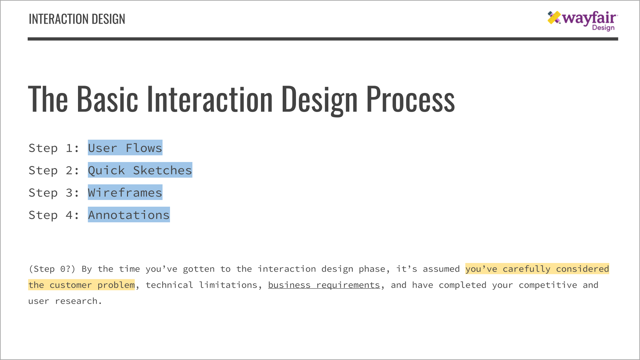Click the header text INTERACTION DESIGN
[77, 19]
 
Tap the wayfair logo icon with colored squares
[554, 18]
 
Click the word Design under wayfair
[603, 28]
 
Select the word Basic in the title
[107, 99]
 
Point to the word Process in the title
[410, 99]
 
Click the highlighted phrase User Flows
[125, 148]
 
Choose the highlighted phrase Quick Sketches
[140, 170]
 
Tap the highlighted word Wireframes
[125, 192]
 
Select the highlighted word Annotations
[129, 215]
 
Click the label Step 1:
[54, 148]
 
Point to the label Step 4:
[54, 215]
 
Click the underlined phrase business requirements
[324, 285]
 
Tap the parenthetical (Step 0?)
[52, 269]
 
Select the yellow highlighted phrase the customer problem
[81, 285]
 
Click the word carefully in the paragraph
[526, 269]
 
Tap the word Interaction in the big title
[210, 99]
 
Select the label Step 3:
[54, 192]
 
